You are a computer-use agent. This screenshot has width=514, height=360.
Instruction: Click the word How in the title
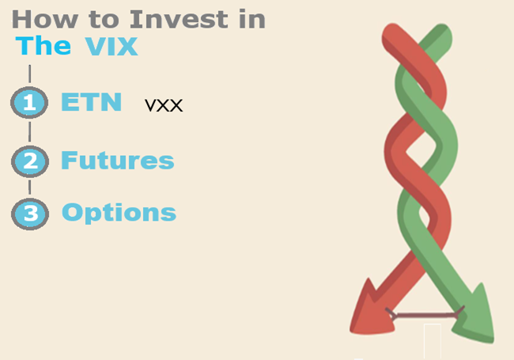40,18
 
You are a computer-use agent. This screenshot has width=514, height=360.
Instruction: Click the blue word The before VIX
43,46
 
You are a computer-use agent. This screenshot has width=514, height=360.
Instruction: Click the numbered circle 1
30,104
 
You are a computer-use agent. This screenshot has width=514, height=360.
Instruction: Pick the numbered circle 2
30,161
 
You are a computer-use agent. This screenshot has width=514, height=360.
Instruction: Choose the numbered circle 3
30,213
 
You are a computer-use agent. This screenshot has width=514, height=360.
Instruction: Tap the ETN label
91,102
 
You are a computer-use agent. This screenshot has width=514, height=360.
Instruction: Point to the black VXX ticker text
164,105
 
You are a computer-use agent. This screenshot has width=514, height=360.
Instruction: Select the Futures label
117,161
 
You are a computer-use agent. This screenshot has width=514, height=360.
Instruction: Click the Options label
119,212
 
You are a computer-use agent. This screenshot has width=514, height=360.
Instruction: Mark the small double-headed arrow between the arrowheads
422,315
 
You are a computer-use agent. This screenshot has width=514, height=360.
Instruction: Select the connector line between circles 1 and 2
30,132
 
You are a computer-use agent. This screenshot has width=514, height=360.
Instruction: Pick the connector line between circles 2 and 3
30,187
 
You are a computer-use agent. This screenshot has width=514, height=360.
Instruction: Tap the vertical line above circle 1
30,74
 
